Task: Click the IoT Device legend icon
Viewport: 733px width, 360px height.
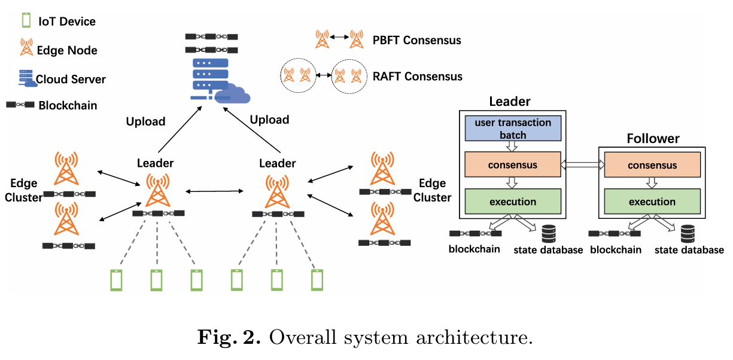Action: pyautogui.click(x=26, y=21)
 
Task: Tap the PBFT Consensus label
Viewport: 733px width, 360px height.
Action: pyautogui.click(x=416, y=40)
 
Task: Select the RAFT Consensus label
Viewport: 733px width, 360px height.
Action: pyautogui.click(x=417, y=77)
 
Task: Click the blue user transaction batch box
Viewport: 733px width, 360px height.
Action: pyautogui.click(x=513, y=129)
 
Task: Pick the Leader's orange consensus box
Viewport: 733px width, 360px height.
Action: pyautogui.click(x=513, y=165)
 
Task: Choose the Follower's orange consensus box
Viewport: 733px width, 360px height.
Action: pyautogui.click(x=652, y=165)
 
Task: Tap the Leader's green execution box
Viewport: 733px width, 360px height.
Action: pyautogui.click(x=513, y=202)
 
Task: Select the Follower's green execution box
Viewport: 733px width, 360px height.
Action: pyautogui.click(x=652, y=202)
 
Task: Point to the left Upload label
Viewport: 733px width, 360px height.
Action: pyautogui.click(x=145, y=121)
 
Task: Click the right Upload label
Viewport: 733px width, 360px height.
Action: pyautogui.click(x=269, y=120)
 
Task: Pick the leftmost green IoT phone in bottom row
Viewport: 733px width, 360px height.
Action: pyautogui.click(x=116, y=280)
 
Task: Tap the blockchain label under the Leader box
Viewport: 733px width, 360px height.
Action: pyautogui.click(x=475, y=249)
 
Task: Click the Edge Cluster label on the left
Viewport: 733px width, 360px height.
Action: pyautogui.click(x=24, y=190)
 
